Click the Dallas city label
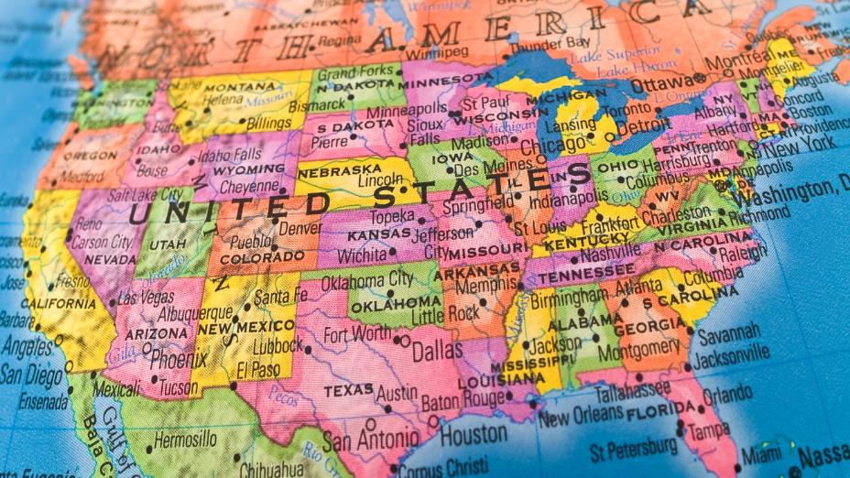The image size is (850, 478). point(437,351)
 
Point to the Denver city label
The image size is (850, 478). point(300,228)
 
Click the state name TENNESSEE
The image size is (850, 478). point(585,275)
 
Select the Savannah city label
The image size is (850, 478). point(729,331)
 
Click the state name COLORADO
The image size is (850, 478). point(250,259)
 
